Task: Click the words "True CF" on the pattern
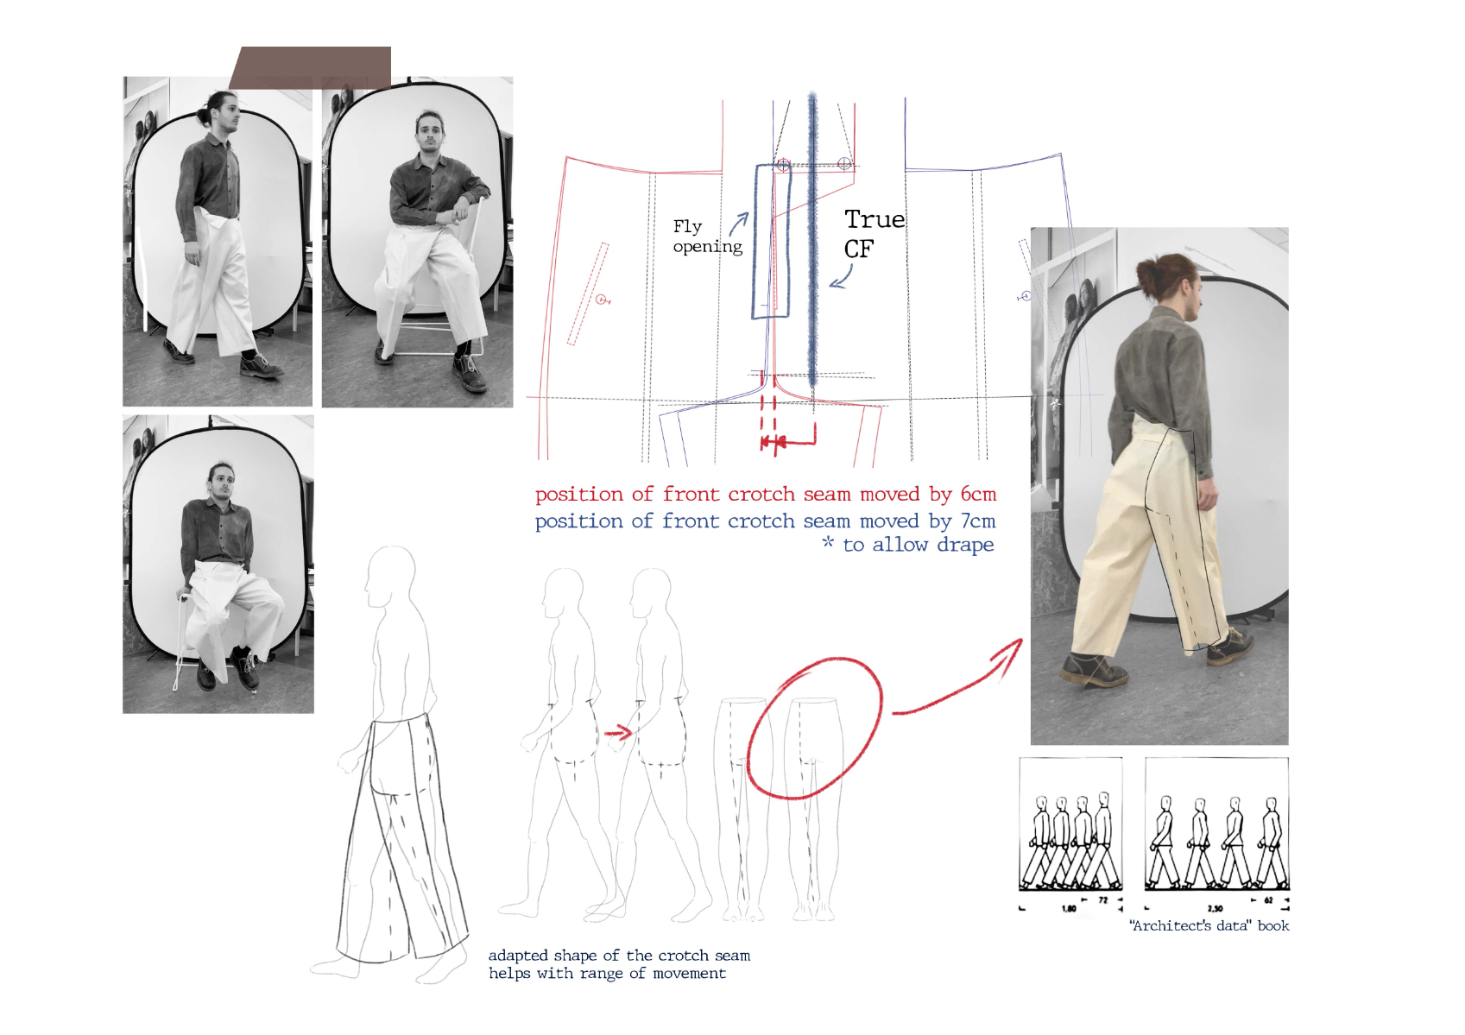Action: pos(874,233)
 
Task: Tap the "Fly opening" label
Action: pos(708,236)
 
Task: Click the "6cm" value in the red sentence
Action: pos(978,495)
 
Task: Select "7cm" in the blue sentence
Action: pos(978,521)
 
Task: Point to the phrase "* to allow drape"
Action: pos(908,544)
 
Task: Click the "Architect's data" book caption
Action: pos(1210,926)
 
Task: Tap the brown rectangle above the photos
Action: pos(310,67)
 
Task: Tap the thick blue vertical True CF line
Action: pos(812,239)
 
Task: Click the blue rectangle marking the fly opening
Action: pos(755,242)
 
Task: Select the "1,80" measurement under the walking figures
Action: pos(1069,908)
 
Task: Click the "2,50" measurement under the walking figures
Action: pos(1216,908)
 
